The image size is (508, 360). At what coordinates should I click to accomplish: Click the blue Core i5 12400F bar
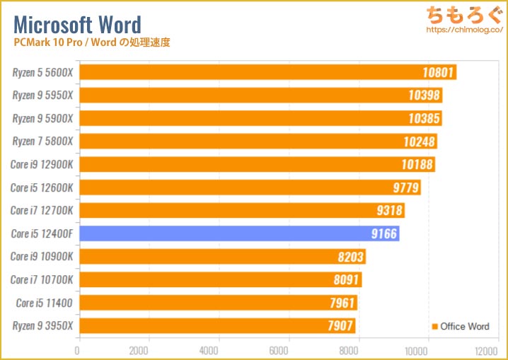[238, 233]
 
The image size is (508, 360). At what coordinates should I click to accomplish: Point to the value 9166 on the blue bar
[383, 233]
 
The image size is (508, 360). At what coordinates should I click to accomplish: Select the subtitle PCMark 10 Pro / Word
[91, 42]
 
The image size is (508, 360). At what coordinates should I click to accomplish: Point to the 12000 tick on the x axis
[486, 349]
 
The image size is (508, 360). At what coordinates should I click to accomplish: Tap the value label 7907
[339, 326]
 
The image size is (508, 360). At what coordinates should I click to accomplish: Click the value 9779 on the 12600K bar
[403, 187]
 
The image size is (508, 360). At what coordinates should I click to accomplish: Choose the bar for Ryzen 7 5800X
[257, 141]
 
